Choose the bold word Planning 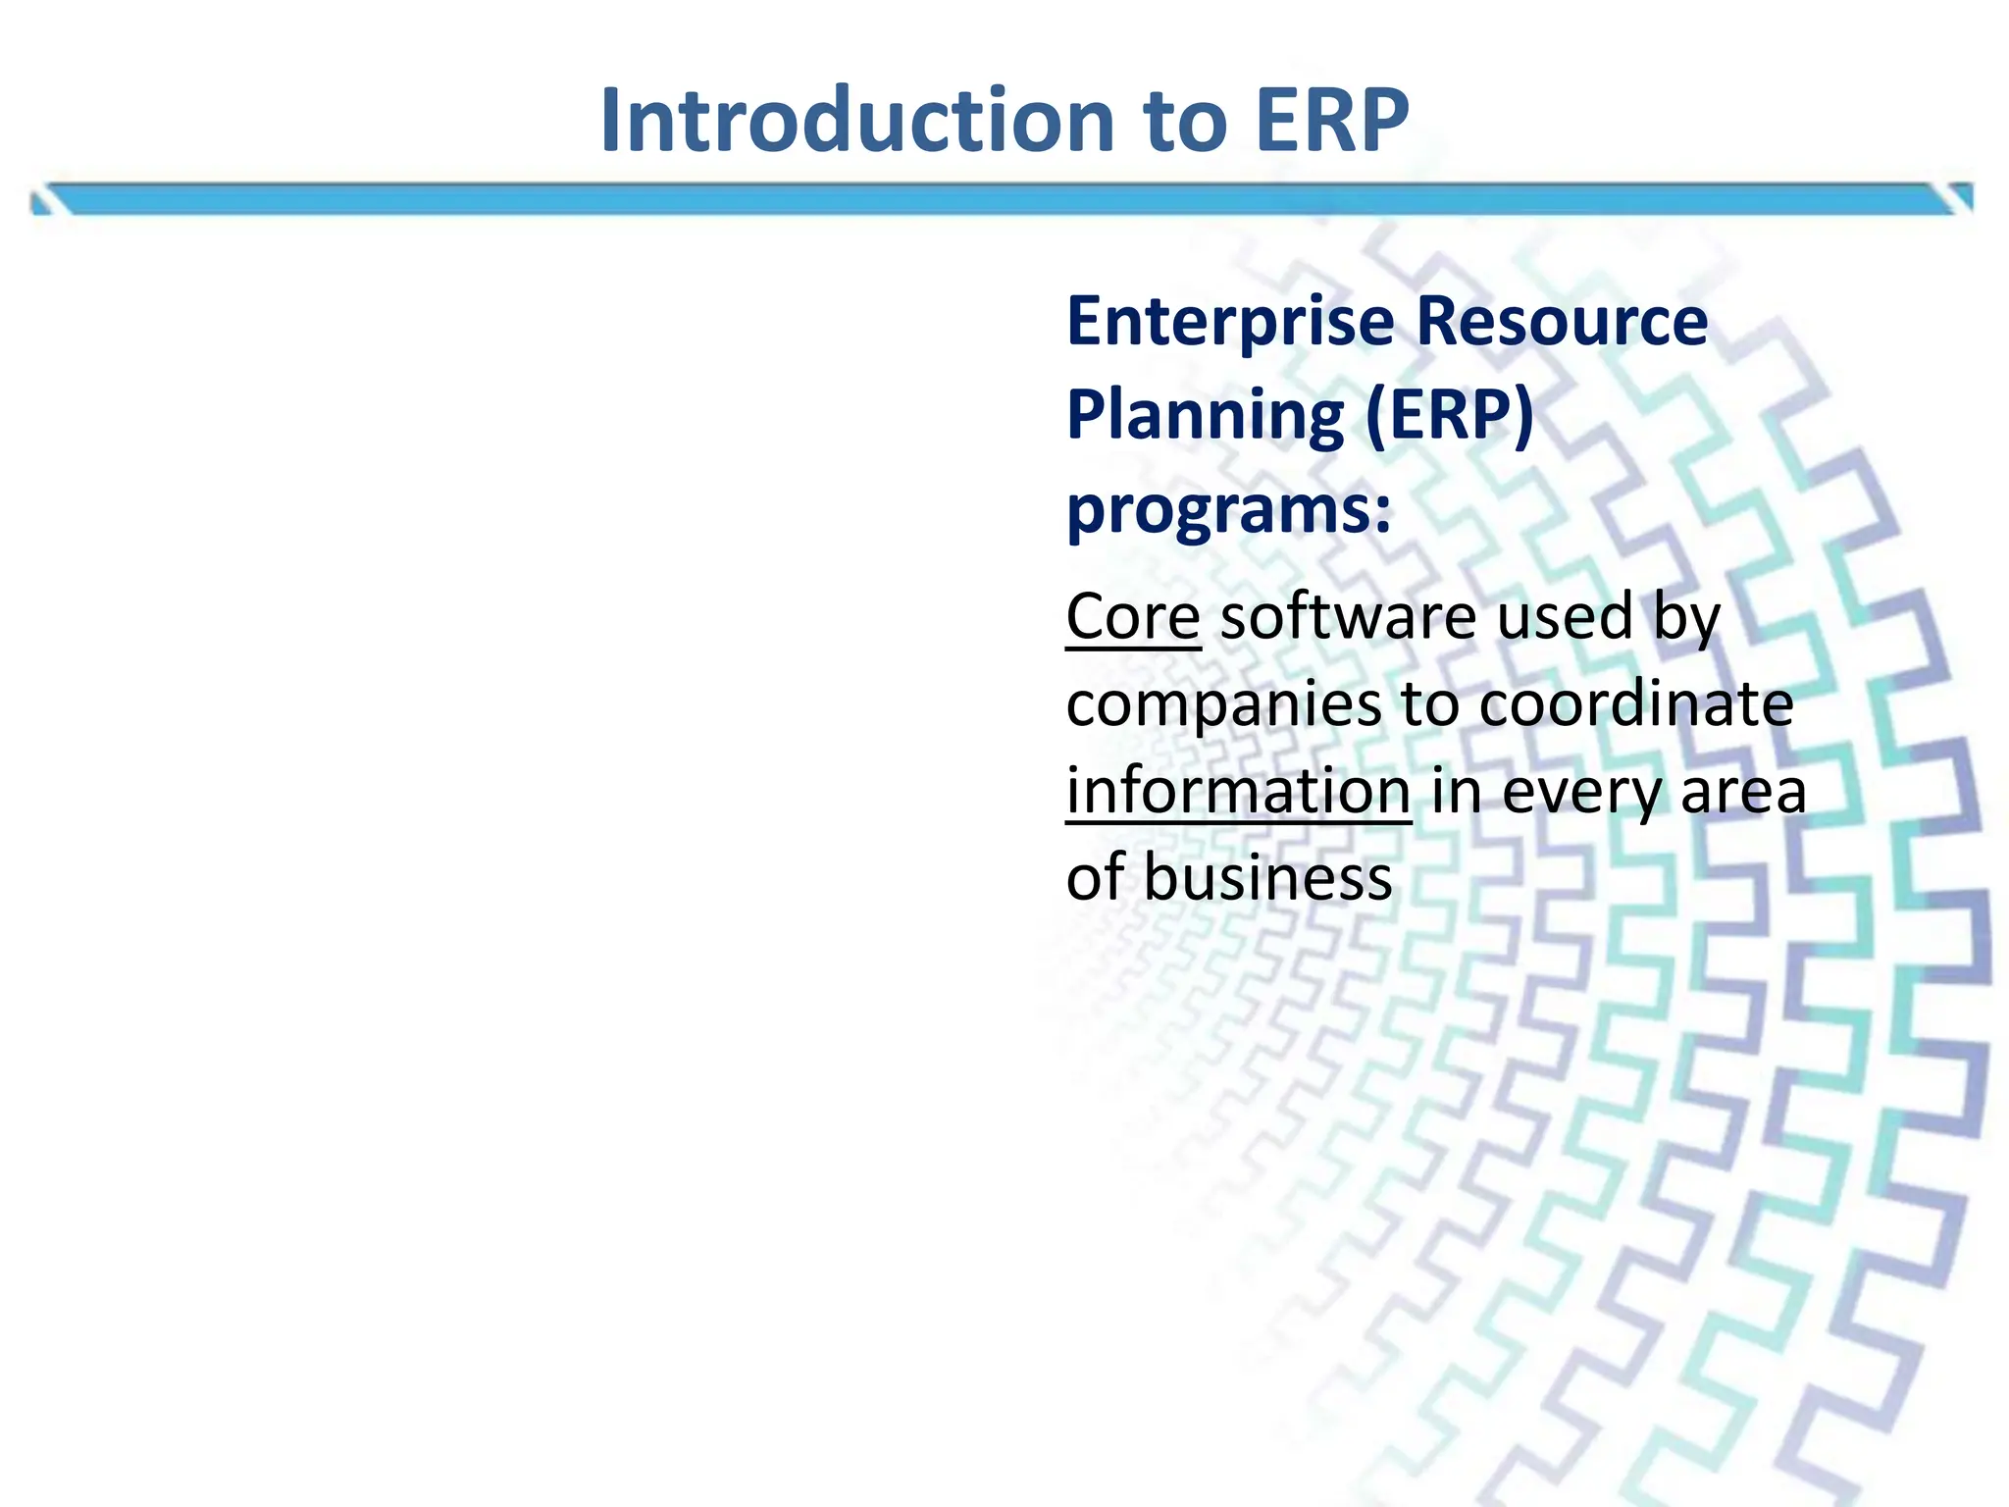1205,417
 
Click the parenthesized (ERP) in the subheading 1450,415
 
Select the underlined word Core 1133,617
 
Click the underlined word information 1238,791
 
